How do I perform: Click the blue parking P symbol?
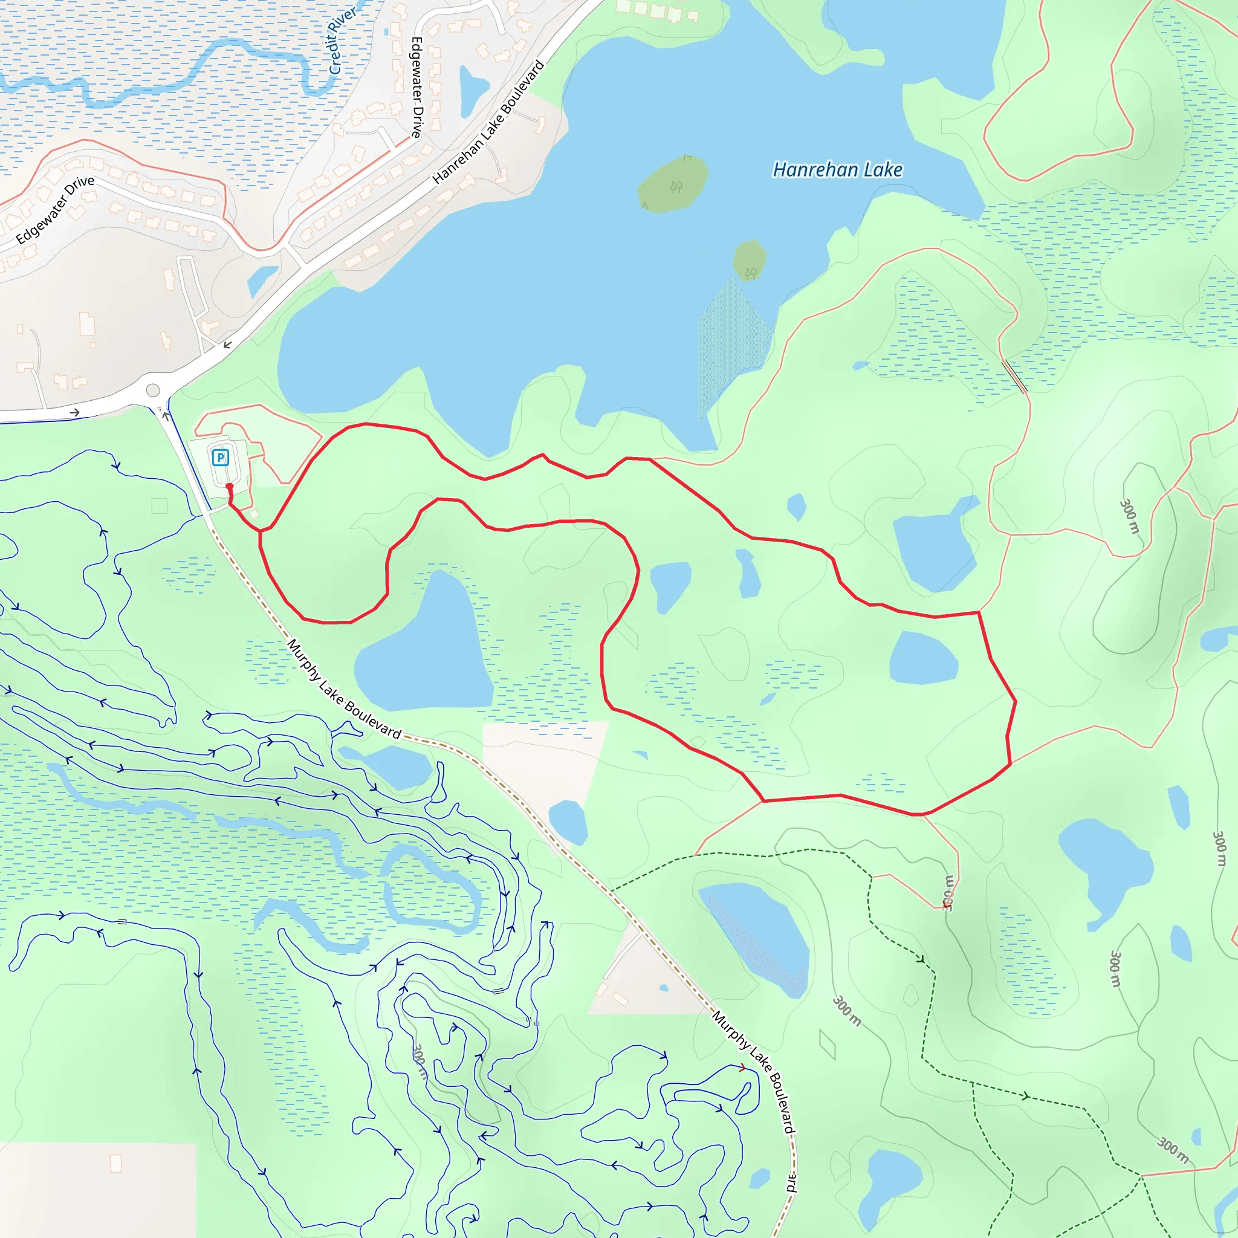pyautogui.click(x=221, y=458)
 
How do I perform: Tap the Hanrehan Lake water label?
pyautogui.click(x=837, y=170)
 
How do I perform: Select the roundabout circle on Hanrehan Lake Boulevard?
pyautogui.click(x=152, y=391)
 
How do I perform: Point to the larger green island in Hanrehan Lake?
pyautogui.click(x=673, y=184)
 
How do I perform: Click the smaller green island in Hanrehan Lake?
pyautogui.click(x=750, y=260)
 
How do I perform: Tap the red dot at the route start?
pyautogui.click(x=229, y=487)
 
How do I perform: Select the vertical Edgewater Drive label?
pyautogui.click(x=416, y=87)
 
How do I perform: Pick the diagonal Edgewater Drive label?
pyautogui.click(x=55, y=209)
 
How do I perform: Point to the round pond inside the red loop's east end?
pyautogui.click(x=922, y=659)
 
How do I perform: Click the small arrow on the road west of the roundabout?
pyautogui.click(x=75, y=413)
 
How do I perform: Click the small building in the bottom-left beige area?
pyautogui.click(x=116, y=1163)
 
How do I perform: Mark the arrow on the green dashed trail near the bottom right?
pyautogui.click(x=1025, y=1097)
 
